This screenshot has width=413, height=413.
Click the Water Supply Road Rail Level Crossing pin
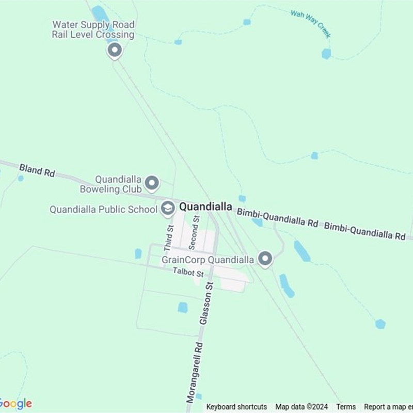coord(115,51)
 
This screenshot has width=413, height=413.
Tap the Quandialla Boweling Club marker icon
coord(152,183)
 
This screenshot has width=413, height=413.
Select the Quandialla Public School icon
coord(167,208)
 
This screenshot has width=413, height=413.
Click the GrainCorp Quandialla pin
coord(265,259)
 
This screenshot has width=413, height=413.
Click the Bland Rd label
coord(37,170)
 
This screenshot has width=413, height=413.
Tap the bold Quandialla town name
coord(205,206)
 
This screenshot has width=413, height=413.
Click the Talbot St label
coord(188,271)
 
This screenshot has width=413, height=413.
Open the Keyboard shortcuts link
coord(236,407)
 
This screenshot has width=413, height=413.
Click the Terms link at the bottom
coord(346,407)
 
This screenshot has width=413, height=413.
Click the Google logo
coord(15,404)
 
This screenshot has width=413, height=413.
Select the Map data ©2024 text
coord(301,407)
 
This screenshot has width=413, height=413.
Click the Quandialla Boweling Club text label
coord(110,184)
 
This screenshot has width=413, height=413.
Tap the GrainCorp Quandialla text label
coord(208,260)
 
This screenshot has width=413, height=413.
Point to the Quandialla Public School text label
coord(103,210)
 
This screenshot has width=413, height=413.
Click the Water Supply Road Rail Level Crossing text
coord(93,29)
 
